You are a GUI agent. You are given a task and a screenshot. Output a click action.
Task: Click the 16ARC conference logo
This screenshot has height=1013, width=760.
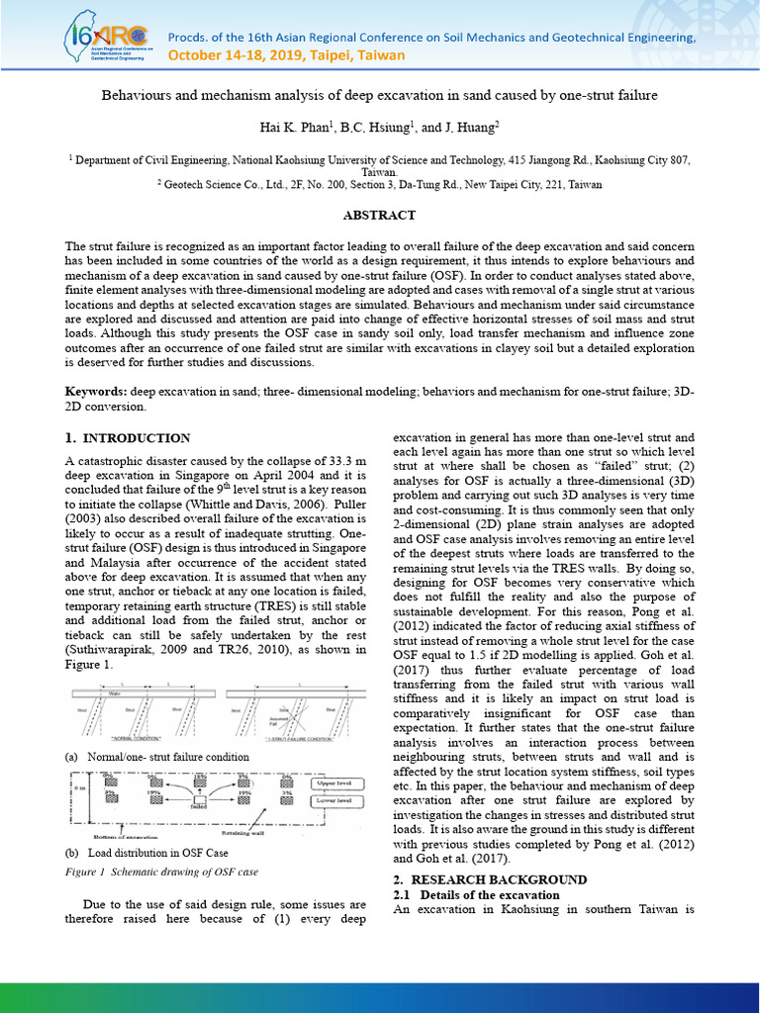tap(105, 39)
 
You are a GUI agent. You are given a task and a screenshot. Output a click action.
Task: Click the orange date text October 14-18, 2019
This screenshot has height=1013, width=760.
tap(286, 55)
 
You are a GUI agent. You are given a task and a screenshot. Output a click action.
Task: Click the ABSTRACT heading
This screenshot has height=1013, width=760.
tap(379, 216)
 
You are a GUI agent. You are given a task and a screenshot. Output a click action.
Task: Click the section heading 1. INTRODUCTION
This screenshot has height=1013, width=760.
tap(128, 438)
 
